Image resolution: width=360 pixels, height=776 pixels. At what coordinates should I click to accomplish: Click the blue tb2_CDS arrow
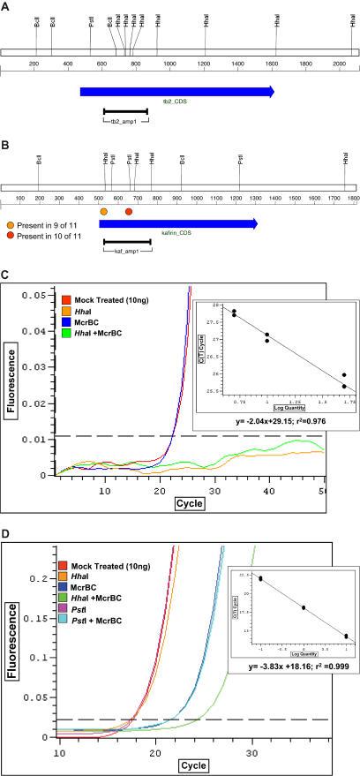click(176, 91)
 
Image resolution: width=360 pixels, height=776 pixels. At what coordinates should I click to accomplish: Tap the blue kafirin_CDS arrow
click(177, 223)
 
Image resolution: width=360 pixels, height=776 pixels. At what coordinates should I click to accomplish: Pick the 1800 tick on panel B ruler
click(352, 200)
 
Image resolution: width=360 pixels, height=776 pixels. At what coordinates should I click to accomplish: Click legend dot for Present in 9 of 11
click(10, 226)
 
